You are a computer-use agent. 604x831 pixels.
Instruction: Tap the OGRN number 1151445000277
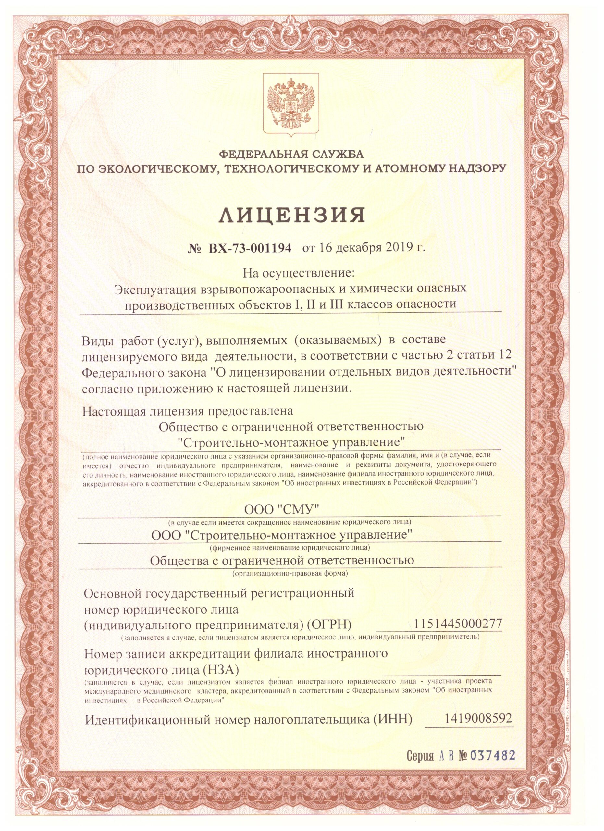click(458, 623)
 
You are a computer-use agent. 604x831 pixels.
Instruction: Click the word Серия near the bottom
click(420, 766)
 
